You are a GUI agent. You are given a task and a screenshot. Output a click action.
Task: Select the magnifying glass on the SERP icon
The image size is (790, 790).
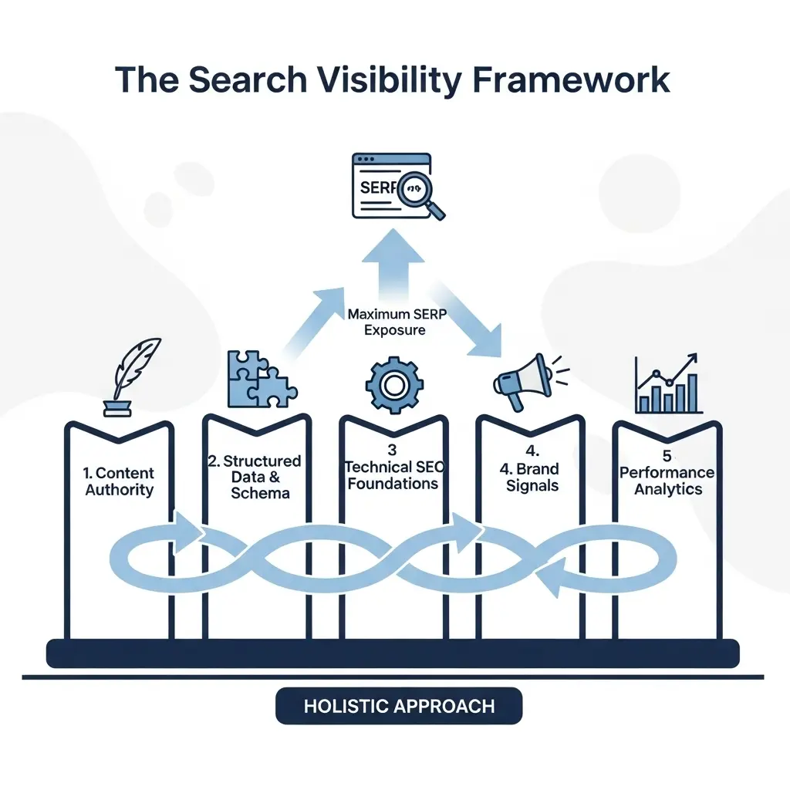pyautogui.click(x=422, y=190)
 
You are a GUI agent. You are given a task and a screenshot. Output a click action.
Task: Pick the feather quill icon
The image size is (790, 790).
pyautogui.click(x=133, y=370)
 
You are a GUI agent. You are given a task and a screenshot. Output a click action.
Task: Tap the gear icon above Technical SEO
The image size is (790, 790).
pyautogui.click(x=394, y=384)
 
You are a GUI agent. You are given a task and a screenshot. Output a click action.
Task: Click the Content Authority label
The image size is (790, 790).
pyautogui.click(x=120, y=481)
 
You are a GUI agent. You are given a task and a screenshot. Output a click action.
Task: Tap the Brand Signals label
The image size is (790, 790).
pyautogui.click(x=532, y=477)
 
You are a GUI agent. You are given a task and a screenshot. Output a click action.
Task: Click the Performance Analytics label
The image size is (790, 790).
pyautogui.click(x=668, y=481)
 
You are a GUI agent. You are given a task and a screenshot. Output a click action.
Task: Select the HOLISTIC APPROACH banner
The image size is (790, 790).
pyautogui.click(x=399, y=706)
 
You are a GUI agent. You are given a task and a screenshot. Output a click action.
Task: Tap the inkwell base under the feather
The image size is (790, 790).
pyautogui.click(x=116, y=408)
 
